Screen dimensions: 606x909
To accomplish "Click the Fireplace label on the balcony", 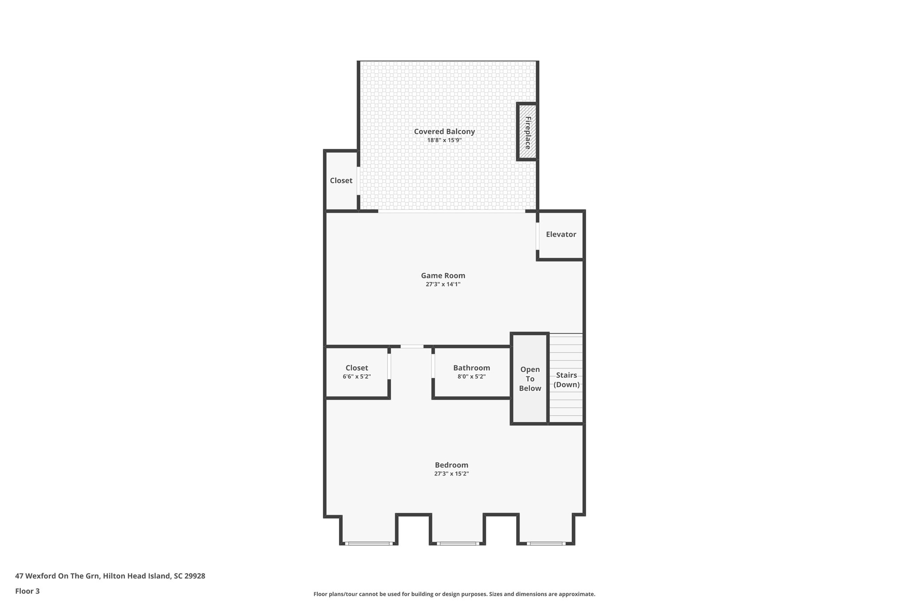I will tap(528, 132).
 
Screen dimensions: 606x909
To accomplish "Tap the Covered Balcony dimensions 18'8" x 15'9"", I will tap(444, 140).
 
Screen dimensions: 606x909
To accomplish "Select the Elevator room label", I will tap(561, 234).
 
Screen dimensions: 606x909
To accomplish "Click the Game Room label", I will tap(443, 276).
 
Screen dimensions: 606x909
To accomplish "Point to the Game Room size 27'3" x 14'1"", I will tap(443, 285).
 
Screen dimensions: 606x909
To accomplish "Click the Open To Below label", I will tap(530, 379).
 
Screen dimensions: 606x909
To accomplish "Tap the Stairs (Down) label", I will tap(566, 380).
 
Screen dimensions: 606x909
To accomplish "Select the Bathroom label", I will tap(471, 368).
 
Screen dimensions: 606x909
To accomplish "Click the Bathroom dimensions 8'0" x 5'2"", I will tap(471, 377).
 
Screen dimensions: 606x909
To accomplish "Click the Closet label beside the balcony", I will tap(341, 181).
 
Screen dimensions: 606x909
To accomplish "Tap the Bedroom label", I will tap(451, 465).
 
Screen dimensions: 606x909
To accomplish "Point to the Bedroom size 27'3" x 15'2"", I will tap(451, 474).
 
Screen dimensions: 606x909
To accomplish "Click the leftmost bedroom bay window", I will tap(368, 543).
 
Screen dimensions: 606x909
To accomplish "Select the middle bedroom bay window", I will tap(458, 543).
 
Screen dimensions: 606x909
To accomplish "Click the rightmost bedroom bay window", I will tap(546, 543).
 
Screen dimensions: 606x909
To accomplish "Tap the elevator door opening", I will tap(537, 236).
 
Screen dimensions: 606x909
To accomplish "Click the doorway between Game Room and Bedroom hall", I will tap(412, 346).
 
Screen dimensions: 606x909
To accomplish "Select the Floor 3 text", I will tap(28, 591).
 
